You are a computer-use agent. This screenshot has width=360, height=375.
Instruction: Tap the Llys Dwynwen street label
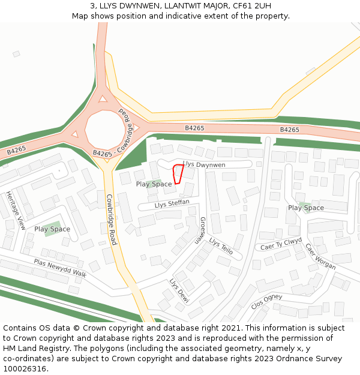pos(204,164)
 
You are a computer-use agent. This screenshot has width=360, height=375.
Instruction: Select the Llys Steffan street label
pos(172,204)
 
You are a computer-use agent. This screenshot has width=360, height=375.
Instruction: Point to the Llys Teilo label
pos(221,246)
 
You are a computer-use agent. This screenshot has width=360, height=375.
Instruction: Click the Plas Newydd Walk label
pos(60,268)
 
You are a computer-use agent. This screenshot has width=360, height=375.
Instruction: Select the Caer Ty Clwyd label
pos(281,244)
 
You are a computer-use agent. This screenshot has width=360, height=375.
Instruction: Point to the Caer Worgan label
pos(320,256)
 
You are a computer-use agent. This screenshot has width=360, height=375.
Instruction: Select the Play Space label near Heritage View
pos(52,229)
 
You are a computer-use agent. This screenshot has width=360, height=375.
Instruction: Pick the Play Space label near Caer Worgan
pos(306,208)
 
